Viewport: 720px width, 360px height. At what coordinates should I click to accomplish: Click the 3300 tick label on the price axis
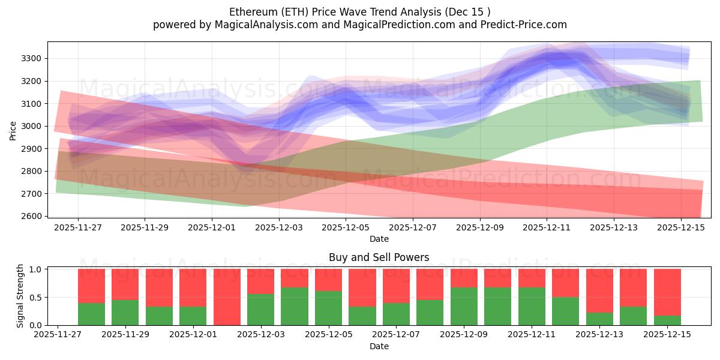click(x=32, y=58)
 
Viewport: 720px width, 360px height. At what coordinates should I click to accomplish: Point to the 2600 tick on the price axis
click(x=32, y=216)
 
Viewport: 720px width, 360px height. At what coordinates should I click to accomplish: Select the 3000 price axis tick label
click(x=32, y=126)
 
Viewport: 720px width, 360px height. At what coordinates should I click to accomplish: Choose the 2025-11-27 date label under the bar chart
click(x=58, y=335)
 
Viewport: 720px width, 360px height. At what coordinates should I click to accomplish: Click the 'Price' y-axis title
click(x=13, y=130)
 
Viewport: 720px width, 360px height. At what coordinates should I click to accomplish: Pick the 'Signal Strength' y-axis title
click(x=20, y=296)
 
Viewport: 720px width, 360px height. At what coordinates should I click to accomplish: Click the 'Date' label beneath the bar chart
click(x=379, y=346)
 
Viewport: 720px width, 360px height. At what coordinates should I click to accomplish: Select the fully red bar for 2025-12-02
click(x=227, y=297)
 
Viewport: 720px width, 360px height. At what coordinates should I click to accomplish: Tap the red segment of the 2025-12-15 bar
click(x=667, y=292)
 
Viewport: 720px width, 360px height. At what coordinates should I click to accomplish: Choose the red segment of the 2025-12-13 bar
click(x=599, y=290)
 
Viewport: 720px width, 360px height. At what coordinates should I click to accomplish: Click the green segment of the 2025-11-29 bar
click(x=125, y=313)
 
